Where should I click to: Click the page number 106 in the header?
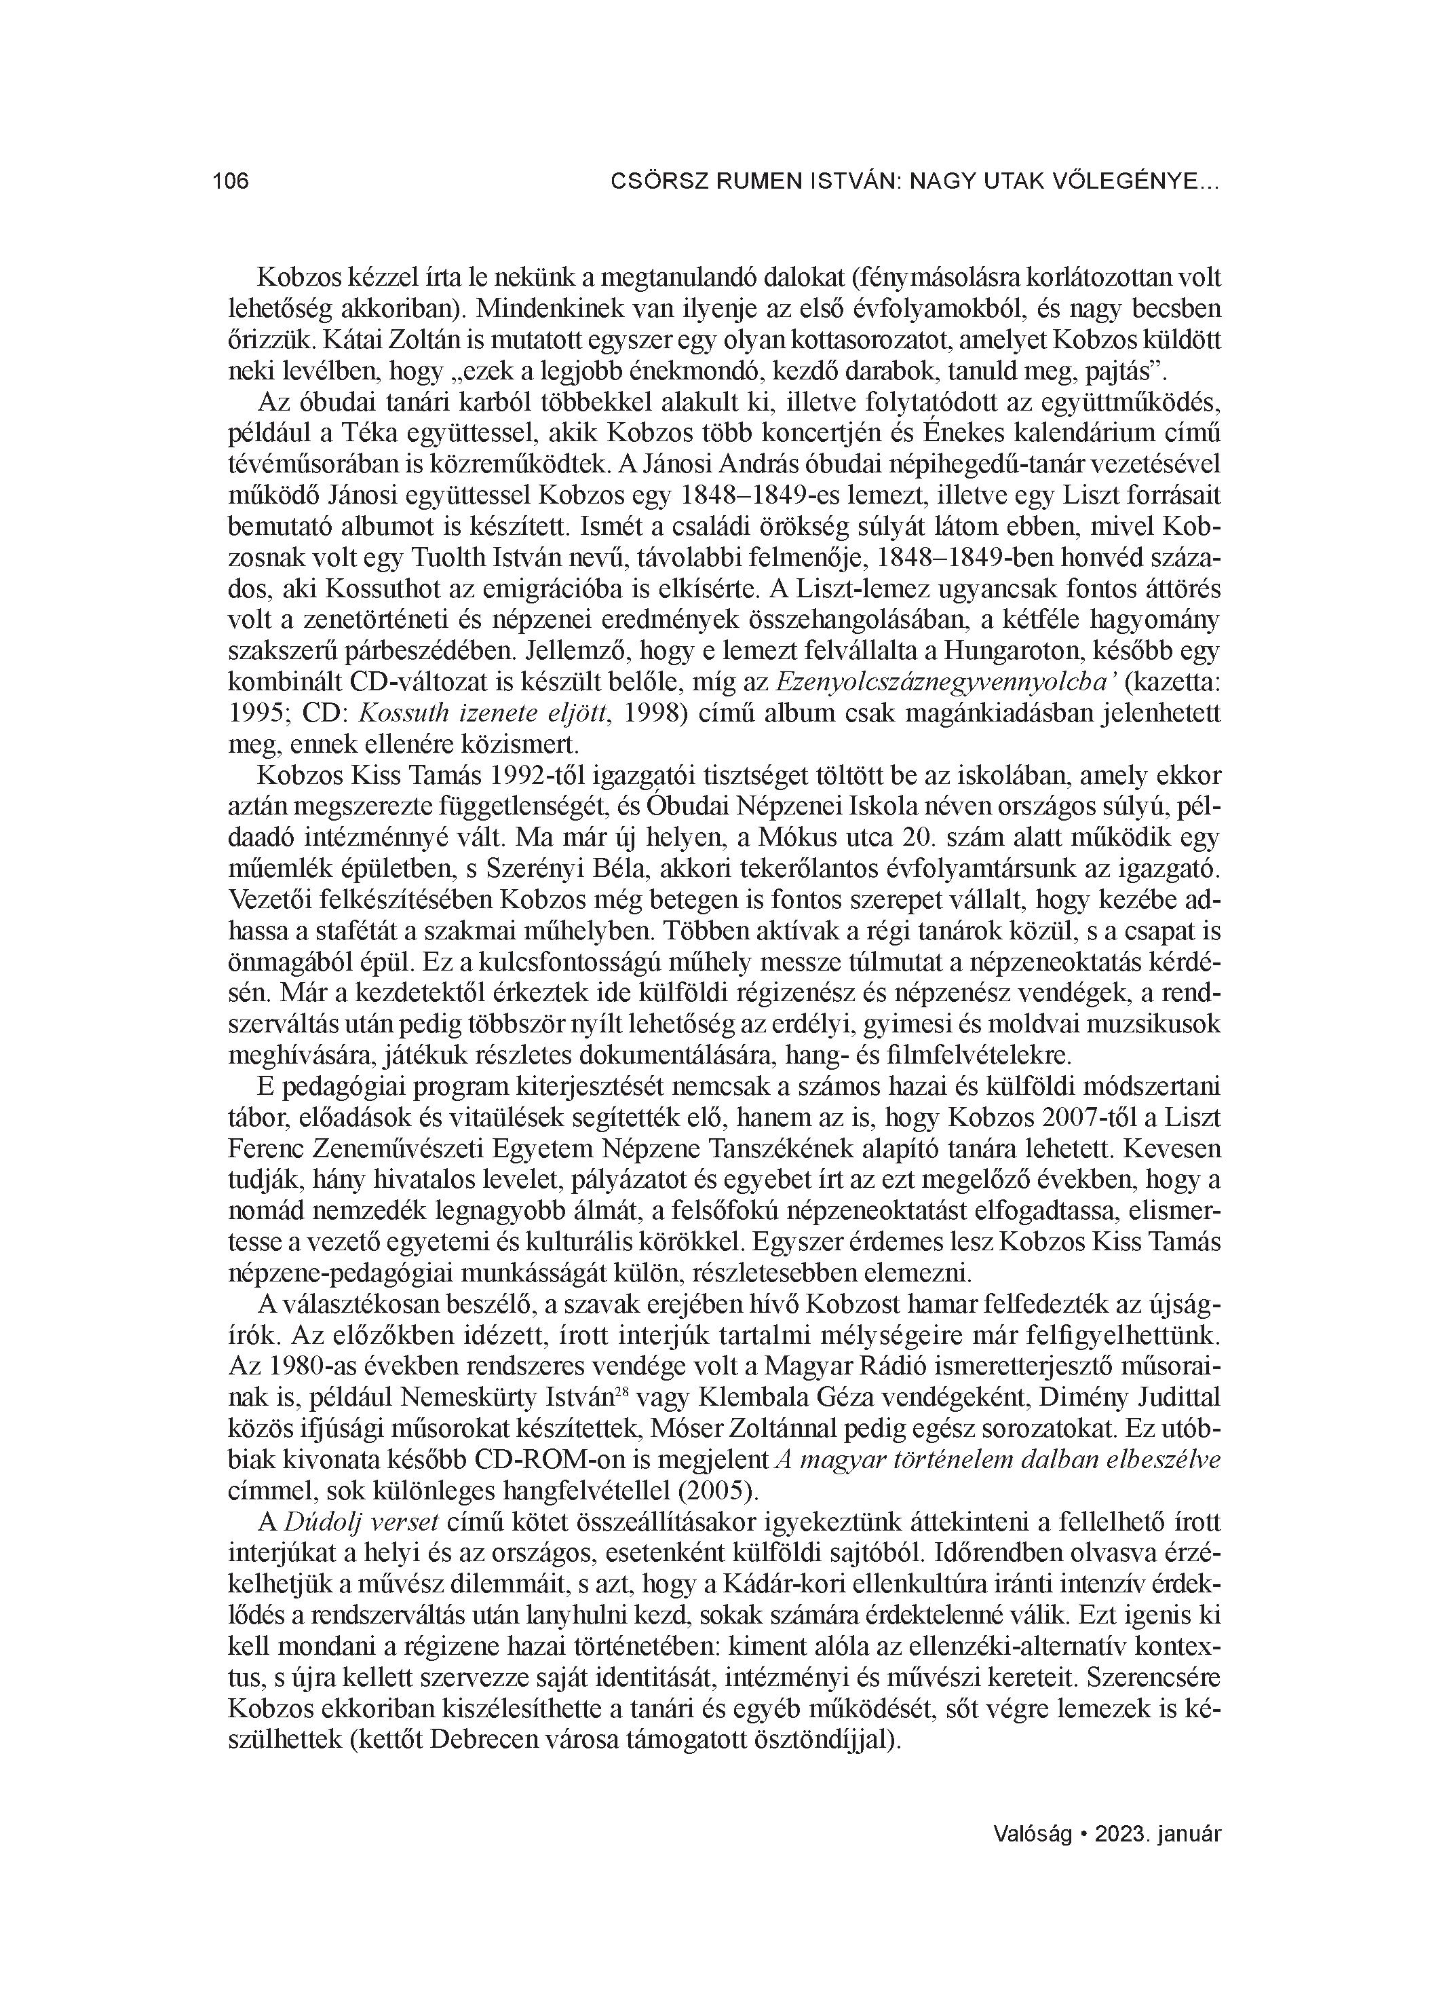[x=231, y=182]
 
